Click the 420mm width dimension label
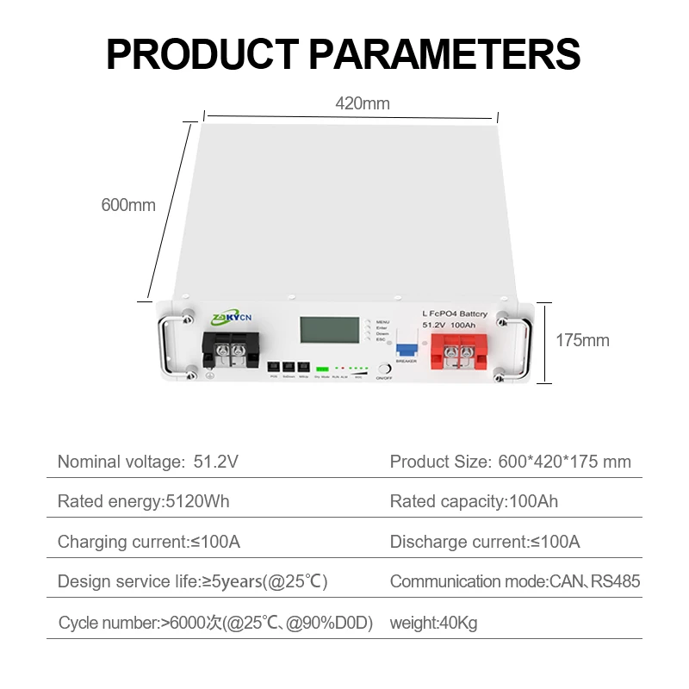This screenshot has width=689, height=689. point(363,104)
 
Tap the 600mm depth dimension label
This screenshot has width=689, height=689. point(128,205)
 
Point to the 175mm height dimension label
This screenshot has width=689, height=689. point(582,340)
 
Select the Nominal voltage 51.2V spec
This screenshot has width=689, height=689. point(148,462)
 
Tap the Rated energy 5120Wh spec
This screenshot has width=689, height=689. point(144,501)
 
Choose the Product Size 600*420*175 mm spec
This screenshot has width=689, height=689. point(510,462)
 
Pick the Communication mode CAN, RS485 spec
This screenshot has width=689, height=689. point(514,581)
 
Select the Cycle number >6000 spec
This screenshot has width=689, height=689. point(215,623)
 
